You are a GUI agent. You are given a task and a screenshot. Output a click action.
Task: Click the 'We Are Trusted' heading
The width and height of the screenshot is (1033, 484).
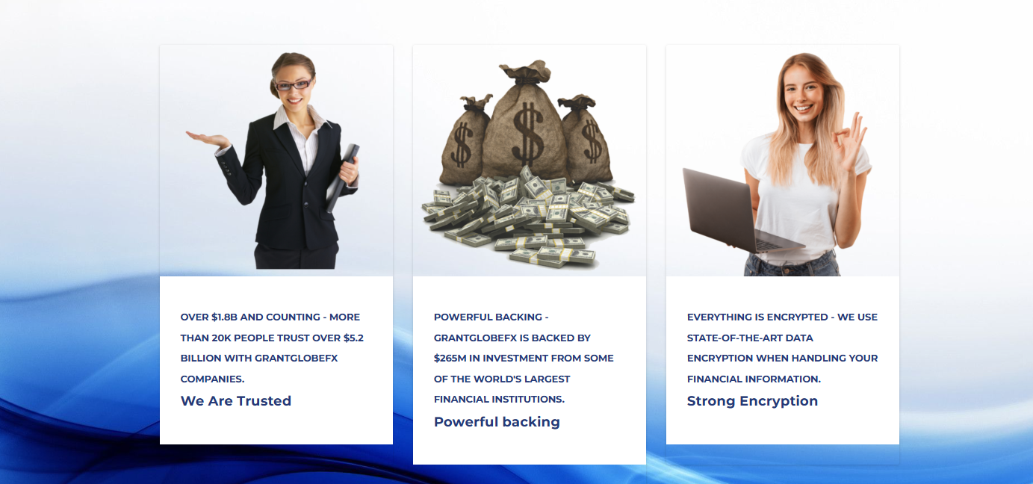click(x=235, y=401)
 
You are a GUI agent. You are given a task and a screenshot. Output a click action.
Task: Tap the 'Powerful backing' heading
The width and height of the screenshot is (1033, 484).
click(x=497, y=422)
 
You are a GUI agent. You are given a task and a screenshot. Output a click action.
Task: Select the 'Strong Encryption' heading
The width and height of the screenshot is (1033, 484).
click(x=752, y=401)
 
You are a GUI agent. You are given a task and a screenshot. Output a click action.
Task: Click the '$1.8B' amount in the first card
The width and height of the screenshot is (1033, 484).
click(x=224, y=317)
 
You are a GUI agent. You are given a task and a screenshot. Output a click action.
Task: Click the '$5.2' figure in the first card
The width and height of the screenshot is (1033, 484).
click(x=353, y=338)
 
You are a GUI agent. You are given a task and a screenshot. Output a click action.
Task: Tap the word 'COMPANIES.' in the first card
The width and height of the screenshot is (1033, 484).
click(x=212, y=379)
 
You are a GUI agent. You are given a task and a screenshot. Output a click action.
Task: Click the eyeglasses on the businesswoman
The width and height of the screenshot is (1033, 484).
click(x=293, y=85)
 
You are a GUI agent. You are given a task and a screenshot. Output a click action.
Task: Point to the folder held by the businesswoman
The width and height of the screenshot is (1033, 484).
click(x=343, y=178)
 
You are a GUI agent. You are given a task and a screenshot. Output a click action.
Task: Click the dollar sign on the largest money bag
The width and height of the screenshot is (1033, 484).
click(x=527, y=134)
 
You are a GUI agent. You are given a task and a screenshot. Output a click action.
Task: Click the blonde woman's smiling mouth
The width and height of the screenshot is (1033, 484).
click(x=804, y=108)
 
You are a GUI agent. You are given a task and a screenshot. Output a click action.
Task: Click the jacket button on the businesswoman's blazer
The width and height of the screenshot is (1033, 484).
click(x=305, y=203)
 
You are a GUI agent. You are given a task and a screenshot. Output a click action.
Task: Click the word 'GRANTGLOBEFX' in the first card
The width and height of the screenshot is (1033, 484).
click(x=296, y=359)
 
